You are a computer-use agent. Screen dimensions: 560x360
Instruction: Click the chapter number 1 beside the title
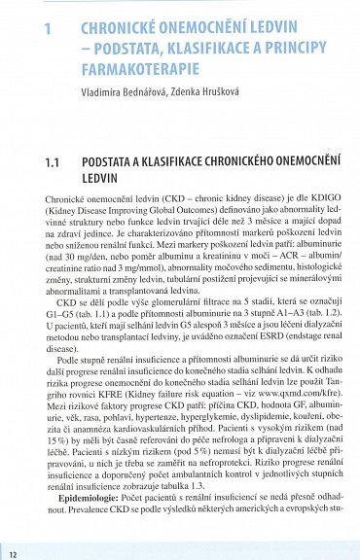point(48,29)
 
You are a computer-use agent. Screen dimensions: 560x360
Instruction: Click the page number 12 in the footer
point(11,553)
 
